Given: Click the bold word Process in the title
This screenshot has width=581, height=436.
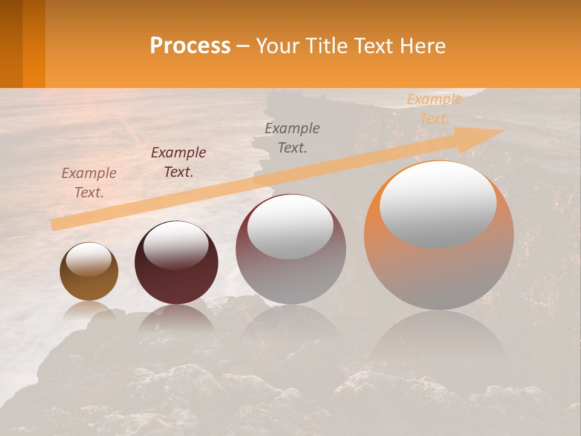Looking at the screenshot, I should [x=190, y=46].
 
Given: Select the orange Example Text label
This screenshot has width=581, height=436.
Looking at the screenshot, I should [x=434, y=109].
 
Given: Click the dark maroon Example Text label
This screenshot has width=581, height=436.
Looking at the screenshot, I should [x=179, y=162].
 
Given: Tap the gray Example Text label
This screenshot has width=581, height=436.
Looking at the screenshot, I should [x=292, y=137].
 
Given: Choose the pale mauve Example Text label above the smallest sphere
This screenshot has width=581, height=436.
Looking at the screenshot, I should [x=89, y=183].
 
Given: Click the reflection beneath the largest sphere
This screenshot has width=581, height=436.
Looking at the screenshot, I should [x=439, y=339].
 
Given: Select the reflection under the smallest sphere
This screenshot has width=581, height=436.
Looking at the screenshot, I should [x=89, y=310].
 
